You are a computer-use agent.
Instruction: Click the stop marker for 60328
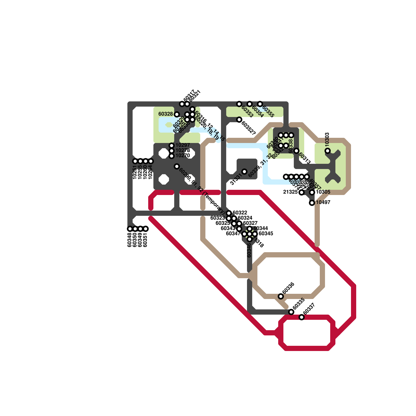177,114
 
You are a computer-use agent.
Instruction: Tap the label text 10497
323,202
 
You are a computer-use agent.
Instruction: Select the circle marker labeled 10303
328,151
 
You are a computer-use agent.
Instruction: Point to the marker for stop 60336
281,296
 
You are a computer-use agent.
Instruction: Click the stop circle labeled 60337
302,317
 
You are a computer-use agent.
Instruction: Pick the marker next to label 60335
291,312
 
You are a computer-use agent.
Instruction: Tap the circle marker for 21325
302,192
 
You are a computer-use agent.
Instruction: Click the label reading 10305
323,192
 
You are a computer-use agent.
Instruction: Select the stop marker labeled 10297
172,146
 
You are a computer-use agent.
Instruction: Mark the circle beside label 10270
172,156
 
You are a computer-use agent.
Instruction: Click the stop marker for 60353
239,104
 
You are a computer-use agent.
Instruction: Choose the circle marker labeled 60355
260,104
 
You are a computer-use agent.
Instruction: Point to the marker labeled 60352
239,120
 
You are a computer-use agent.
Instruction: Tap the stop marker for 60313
296,151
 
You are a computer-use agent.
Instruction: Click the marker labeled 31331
244,172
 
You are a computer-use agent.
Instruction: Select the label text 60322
240,213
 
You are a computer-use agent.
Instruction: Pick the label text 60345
266,233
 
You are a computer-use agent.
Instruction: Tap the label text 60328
166,114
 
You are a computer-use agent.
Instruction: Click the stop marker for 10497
312,203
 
